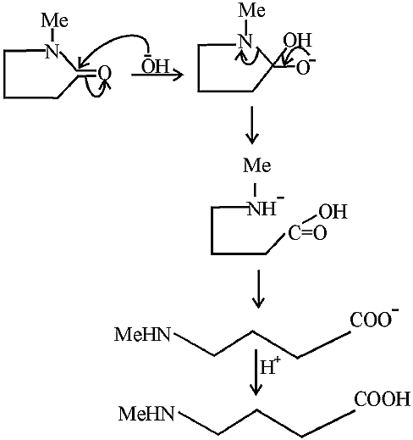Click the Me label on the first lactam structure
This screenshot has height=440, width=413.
coord(54,21)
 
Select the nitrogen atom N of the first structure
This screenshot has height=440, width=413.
coord(52,51)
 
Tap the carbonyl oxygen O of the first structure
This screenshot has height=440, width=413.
coord(104,73)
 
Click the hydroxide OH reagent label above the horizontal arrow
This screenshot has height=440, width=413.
coord(155,66)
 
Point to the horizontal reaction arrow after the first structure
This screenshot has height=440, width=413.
coord(157,75)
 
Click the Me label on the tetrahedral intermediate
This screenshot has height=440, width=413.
coord(252,11)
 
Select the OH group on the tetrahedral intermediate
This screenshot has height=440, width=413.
coord(298,40)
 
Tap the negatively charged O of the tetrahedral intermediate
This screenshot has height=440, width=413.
coord(306,67)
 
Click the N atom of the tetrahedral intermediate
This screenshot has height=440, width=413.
coord(245,42)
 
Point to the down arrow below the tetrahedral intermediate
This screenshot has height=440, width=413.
coord(252,125)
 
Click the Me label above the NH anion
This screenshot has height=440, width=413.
coord(257,165)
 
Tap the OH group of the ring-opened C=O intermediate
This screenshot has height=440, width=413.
coord(333,212)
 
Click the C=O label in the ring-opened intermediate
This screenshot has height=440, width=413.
coord(307,233)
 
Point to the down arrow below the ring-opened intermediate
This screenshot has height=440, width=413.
coord(258,289)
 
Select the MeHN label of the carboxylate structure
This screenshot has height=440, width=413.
coord(143,335)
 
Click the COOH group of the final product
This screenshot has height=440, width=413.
coord(383,399)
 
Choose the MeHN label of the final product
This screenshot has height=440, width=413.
coord(146,414)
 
